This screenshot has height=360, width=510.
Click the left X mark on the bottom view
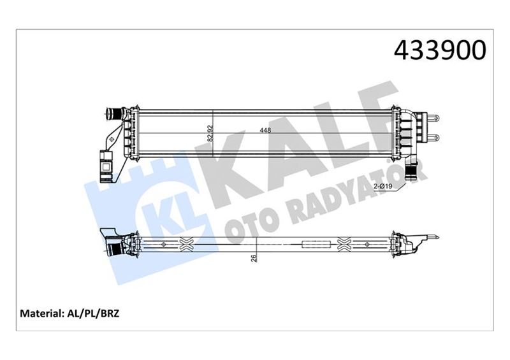click(x=187, y=243)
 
